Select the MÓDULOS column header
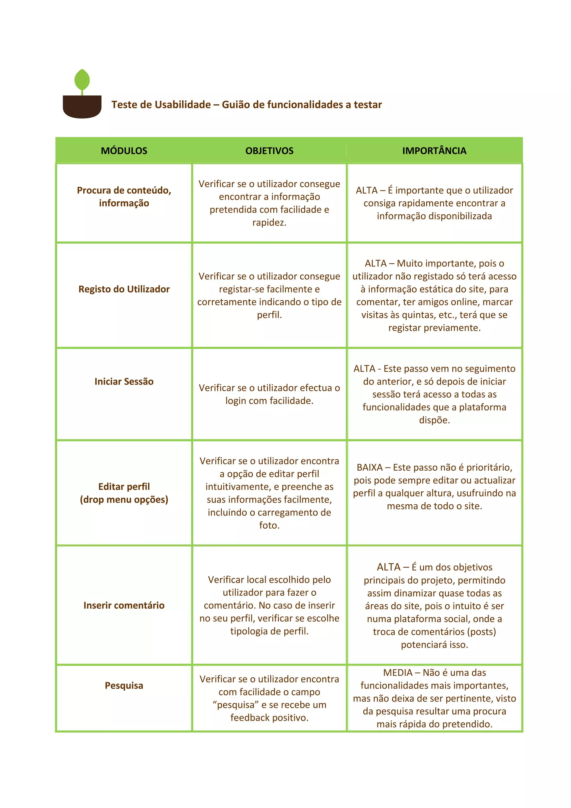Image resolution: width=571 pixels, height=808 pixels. [x=124, y=151]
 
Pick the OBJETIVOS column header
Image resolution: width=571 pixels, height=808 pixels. [x=269, y=151]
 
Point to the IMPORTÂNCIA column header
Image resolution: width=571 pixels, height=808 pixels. [x=434, y=151]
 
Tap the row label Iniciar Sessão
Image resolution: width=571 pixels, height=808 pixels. [x=124, y=381]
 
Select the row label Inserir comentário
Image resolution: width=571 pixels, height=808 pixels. [x=124, y=605]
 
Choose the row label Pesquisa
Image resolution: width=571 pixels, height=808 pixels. [x=124, y=686]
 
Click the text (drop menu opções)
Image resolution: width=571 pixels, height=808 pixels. [x=124, y=499]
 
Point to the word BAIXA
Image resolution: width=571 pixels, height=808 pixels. [x=369, y=467]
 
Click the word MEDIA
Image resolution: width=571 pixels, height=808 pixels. [x=398, y=672]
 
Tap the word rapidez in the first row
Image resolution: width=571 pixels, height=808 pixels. [x=269, y=222]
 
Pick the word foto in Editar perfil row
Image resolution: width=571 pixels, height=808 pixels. [x=269, y=525]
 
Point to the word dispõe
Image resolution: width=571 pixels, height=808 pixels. [x=434, y=420]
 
